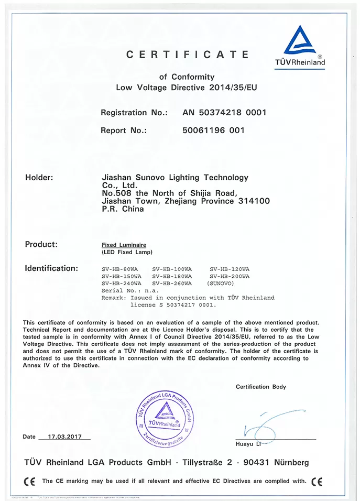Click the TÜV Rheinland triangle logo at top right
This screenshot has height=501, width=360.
[300, 42]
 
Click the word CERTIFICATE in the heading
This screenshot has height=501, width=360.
[187, 54]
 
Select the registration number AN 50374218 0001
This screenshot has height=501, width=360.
[224, 112]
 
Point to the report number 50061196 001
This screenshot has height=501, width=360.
[213, 130]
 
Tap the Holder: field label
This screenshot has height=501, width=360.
[39, 178]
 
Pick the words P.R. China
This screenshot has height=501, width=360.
[122, 209]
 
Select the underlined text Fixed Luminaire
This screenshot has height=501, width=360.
[124, 245]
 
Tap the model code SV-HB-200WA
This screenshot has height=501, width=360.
[229, 276]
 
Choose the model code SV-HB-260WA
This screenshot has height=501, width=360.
[172, 284]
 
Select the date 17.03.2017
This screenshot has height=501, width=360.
[69, 437]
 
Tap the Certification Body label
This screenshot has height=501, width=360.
[261, 387]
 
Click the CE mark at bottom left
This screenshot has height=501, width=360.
[30, 481]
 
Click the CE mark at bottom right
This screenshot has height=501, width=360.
[317, 481]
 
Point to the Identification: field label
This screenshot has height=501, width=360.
[51, 268]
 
